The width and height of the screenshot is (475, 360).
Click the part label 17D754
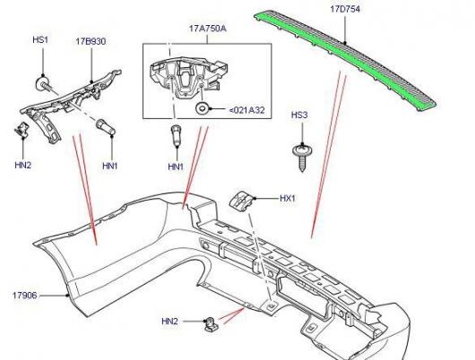pos(345,9)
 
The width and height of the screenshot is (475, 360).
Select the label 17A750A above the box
pos(208,29)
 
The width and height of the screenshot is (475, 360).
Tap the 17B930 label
pos(91,41)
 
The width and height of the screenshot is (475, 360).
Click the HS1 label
pos(40,39)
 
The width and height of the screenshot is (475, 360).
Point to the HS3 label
pos(299,115)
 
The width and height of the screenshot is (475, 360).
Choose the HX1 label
pos(287,198)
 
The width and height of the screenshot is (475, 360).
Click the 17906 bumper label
pos(24,296)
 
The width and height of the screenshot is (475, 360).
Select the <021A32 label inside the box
pos(246,110)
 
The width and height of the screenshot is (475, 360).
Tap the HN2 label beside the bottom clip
pos(169,321)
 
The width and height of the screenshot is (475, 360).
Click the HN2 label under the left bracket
pos(23,165)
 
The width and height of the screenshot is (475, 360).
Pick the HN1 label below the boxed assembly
pos(176,167)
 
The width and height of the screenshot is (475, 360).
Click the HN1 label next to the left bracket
pos(110,166)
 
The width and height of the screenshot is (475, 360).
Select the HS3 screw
pos(301,158)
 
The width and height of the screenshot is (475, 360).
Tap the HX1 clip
pos(241,201)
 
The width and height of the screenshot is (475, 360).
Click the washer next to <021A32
pos(201,109)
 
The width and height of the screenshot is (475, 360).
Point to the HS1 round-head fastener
pos(42,83)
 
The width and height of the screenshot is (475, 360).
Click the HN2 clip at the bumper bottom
pos(210,323)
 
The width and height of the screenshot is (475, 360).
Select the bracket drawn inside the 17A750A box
pos(188,77)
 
